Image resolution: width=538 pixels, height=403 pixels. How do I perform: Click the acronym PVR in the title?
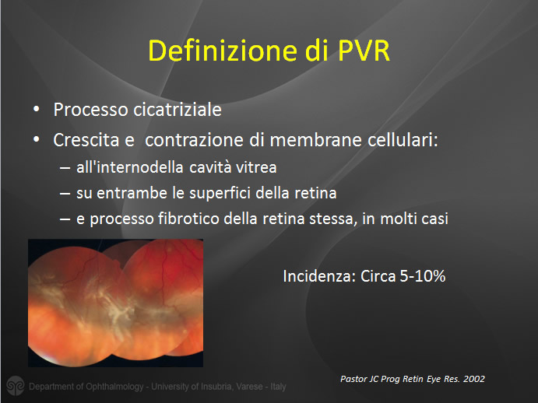click(364, 51)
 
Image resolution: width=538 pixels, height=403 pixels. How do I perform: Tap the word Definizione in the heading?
click(222, 51)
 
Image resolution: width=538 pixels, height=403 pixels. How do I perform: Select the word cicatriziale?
click(177, 110)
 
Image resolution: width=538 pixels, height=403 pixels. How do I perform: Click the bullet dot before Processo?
click(37, 110)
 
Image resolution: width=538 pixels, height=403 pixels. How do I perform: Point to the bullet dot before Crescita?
click(37, 140)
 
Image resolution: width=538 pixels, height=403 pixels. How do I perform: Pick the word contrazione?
click(195, 140)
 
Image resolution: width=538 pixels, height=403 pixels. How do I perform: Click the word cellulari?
click(403, 140)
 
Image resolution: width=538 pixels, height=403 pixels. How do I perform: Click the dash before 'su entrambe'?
click(65, 194)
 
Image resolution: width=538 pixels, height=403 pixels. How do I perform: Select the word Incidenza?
click(319, 276)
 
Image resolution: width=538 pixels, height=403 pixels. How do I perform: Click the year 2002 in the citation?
click(474, 379)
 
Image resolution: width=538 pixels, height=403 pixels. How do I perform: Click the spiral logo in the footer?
click(16, 385)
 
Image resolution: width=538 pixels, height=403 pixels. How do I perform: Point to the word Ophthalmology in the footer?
click(115, 387)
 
